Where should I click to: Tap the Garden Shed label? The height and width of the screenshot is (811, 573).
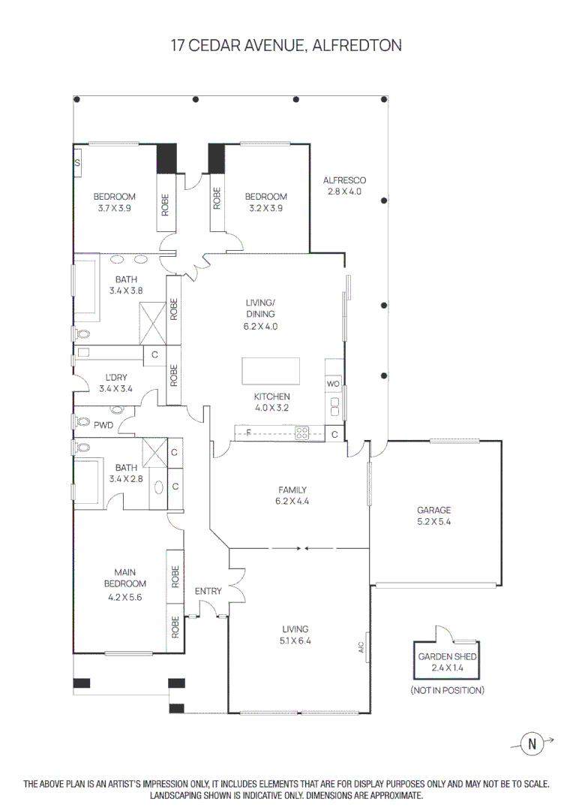pos(448,661)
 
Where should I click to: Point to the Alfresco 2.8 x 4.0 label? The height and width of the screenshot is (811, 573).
pos(344,185)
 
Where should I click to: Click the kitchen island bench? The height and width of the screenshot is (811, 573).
pos(270,371)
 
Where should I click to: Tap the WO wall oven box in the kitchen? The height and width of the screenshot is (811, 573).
pos(333,384)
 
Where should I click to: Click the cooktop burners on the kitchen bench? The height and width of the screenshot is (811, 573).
pos(303,433)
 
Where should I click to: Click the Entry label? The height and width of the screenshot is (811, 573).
pos(208,591)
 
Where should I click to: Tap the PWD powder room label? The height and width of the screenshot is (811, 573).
pos(103,425)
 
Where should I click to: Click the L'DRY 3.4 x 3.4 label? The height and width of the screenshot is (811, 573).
pos(115,383)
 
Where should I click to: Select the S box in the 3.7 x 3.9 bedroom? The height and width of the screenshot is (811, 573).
pos(77,162)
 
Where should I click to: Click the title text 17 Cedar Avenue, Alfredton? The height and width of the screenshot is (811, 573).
pos(286,46)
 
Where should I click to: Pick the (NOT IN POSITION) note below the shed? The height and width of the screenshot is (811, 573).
pos(447,689)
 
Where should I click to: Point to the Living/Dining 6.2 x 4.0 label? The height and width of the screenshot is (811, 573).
pos(260,315)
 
